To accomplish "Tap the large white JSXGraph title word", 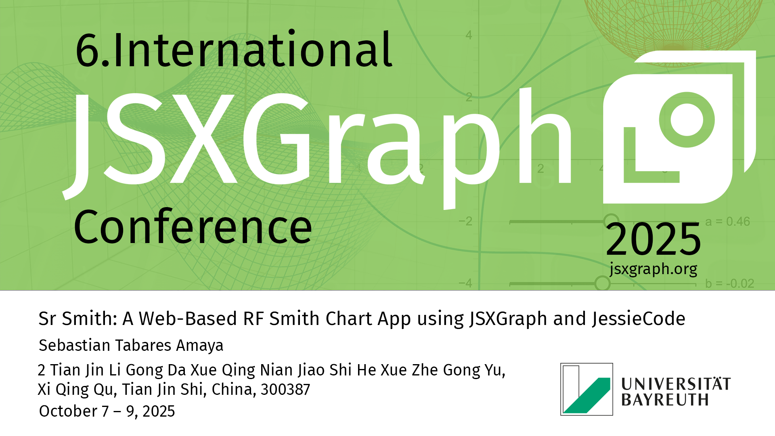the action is click(x=317, y=148).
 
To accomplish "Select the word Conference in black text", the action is click(x=193, y=227).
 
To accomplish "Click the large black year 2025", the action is click(x=653, y=240).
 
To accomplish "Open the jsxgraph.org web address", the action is click(x=654, y=269).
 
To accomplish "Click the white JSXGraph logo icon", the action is click(x=679, y=127).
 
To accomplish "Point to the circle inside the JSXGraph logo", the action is click(x=687, y=120).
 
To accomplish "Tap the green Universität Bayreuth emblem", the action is click(x=586, y=389).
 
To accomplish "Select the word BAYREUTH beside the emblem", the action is click(x=665, y=400).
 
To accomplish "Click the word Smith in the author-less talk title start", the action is click(x=89, y=319).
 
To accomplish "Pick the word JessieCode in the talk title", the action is click(x=639, y=319).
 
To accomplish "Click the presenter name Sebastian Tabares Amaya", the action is click(x=131, y=346).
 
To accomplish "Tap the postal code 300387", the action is click(x=285, y=390).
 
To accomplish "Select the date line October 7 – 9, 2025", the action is click(x=107, y=411).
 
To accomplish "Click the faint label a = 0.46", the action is click(x=727, y=222).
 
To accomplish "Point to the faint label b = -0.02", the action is click(x=730, y=284).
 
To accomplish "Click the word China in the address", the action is click(x=234, y=390).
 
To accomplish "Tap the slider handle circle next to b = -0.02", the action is click(x=602, y=283).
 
